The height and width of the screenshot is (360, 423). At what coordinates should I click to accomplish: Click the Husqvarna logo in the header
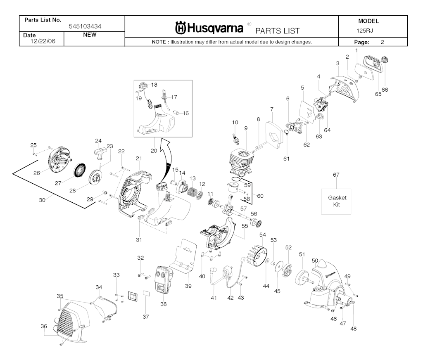(209, 28)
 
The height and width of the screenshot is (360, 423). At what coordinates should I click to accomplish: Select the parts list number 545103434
(85, 26)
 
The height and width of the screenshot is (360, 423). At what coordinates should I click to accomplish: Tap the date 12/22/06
(43, 41)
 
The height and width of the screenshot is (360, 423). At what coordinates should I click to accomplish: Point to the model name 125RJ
(365, 31)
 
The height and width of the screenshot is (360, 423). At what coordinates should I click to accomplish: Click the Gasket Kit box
(336, 201)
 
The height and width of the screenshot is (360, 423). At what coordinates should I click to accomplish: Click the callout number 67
(336, 175)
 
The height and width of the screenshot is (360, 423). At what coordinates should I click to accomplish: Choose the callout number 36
(44, 326)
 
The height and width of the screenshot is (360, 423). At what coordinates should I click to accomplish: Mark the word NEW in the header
(90, 35)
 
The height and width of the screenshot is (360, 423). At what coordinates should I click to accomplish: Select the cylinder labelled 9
(241, 163)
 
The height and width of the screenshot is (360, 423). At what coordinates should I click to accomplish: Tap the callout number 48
(353, 329)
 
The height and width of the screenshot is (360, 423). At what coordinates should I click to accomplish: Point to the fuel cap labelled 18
(143, 86)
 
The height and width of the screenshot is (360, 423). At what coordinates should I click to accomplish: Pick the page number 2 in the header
(382, 42)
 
